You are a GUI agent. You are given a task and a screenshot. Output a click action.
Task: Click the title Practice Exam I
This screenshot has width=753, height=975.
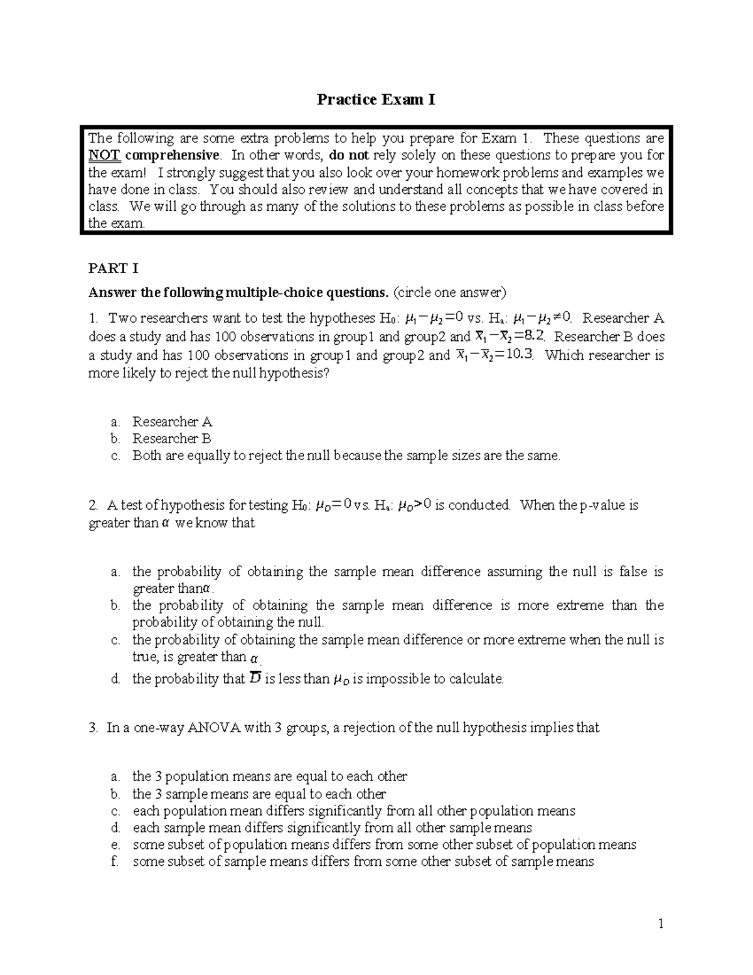(x=375, y=100)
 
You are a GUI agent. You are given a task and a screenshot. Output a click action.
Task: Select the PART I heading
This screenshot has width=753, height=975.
(x=114, y=269)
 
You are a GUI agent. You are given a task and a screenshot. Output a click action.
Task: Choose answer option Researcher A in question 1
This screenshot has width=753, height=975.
(x=172, y=422)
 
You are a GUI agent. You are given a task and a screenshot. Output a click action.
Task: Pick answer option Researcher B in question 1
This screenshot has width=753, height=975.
(x=171, y=439)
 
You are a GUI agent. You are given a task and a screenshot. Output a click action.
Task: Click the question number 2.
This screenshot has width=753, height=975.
(x=93, y=505)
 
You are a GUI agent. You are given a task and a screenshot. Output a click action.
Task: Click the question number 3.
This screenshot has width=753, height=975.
(x=93, y=728)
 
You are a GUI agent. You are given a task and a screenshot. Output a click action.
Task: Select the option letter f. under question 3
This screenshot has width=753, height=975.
(x=114, y=862)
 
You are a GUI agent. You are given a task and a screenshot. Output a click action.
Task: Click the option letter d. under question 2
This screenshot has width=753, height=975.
(x=115, y=679)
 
